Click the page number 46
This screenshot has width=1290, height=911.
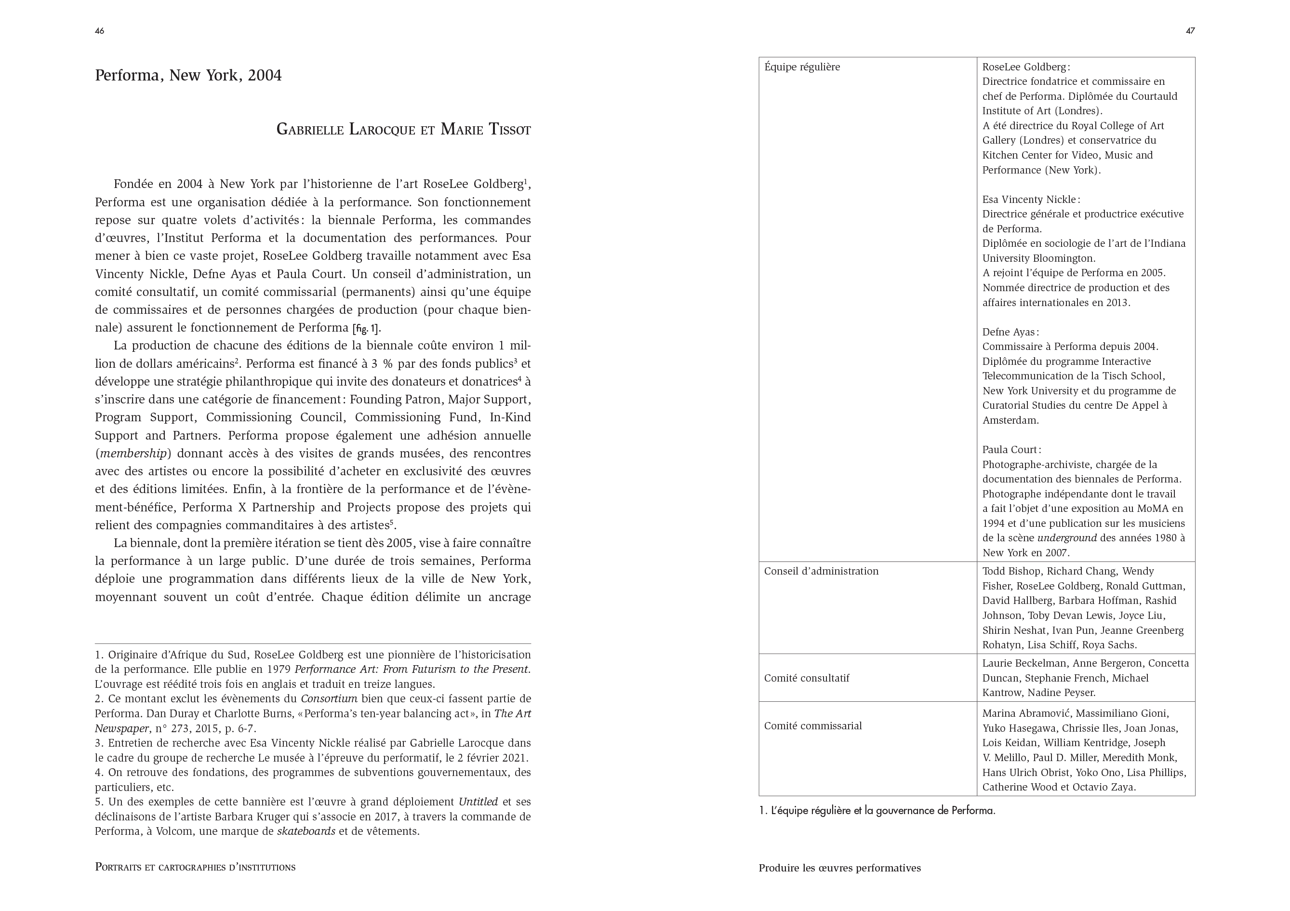click(99, 31)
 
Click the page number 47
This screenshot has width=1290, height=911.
click(1190, 31)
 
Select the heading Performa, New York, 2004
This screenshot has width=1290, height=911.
click(188, 75)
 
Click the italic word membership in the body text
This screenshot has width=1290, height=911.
click(133, 454)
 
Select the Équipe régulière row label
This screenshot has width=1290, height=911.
click(802, 67)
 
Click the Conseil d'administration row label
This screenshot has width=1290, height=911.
click(821, 571)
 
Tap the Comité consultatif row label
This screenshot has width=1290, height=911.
click(806, 678)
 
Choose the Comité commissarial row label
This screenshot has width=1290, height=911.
click(812, 725)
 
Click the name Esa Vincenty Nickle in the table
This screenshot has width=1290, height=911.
click(1029, 200)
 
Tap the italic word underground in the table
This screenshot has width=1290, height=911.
click(1066, 538)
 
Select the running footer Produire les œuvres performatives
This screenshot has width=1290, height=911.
click(839, 868)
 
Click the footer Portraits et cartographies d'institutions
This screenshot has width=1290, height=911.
click(195, 867)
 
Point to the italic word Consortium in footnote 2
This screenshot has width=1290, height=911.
click(329, 699)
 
